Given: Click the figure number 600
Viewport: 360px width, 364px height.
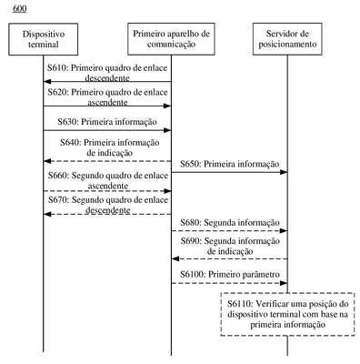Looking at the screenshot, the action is click(20, 9).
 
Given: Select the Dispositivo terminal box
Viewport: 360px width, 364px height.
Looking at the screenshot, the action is click(44, 39).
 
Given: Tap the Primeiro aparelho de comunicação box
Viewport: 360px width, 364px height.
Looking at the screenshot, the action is click(171, 39).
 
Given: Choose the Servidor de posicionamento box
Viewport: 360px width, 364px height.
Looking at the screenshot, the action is click(287, 39).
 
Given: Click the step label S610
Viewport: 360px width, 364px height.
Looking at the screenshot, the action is click(57, 67).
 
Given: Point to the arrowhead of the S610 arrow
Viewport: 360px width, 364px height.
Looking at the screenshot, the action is click(46, 81).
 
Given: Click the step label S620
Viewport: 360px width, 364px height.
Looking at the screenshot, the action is click(57, 92).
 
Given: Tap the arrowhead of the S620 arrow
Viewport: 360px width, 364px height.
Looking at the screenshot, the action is click(167, 106).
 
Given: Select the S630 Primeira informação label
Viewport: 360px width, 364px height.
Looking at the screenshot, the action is click(107, 122).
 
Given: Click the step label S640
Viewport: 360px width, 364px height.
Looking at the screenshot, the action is click(70, 142).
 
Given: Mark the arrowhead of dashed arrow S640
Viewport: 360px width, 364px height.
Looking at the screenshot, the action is click(46, 161).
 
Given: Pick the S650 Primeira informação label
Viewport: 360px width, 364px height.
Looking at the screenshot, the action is click(230, 164).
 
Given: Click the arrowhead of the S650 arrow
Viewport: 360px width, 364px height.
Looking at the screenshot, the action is click(284, 172).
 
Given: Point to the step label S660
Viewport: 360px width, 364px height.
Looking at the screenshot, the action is click(58, 176).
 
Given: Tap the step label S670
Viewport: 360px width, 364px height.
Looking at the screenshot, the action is click(58, 200).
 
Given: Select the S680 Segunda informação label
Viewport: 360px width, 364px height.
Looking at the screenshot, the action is click(230, 223).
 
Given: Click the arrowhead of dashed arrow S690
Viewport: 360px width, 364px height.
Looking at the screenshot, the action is click(175, 258).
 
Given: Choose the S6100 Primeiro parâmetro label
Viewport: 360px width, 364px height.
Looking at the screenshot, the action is click(230, 275).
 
